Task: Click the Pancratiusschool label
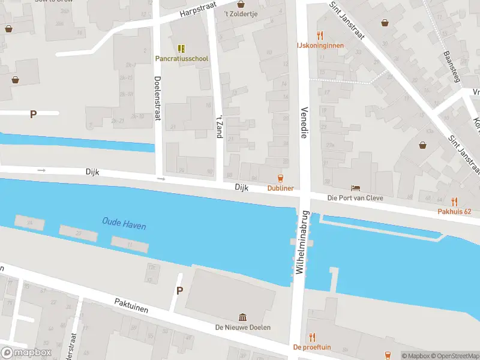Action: point(182,59)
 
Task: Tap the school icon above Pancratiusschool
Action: point(181,48)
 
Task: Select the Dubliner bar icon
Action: point(280,178)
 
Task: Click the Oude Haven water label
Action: point(124,225)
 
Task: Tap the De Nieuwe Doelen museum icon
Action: point(242,317)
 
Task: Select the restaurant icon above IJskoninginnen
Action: point(320,35)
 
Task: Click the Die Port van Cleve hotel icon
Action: point(356,188)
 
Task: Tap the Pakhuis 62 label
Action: point(454,211)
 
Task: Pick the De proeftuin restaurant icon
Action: point(311,337)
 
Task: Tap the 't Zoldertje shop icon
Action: point(240,4)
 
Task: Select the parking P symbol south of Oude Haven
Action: point(179,290)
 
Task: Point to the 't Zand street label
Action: point(220,126)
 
